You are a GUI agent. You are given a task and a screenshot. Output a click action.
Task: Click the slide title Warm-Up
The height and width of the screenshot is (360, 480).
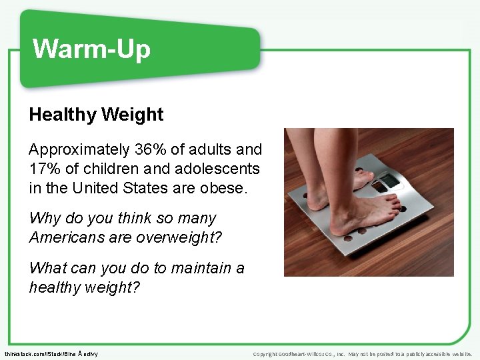[x=92, y=49]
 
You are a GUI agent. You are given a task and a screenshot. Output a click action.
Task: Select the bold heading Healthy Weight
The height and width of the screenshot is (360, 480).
[x=96, y=115]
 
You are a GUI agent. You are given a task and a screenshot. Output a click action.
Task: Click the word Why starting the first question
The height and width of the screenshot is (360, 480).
[x=44, y=218]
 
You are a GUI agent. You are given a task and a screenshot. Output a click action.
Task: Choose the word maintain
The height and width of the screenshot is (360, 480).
[x=199, y=268]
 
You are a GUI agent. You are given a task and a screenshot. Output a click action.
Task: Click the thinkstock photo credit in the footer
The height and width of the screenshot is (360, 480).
[x=51, y=353]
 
